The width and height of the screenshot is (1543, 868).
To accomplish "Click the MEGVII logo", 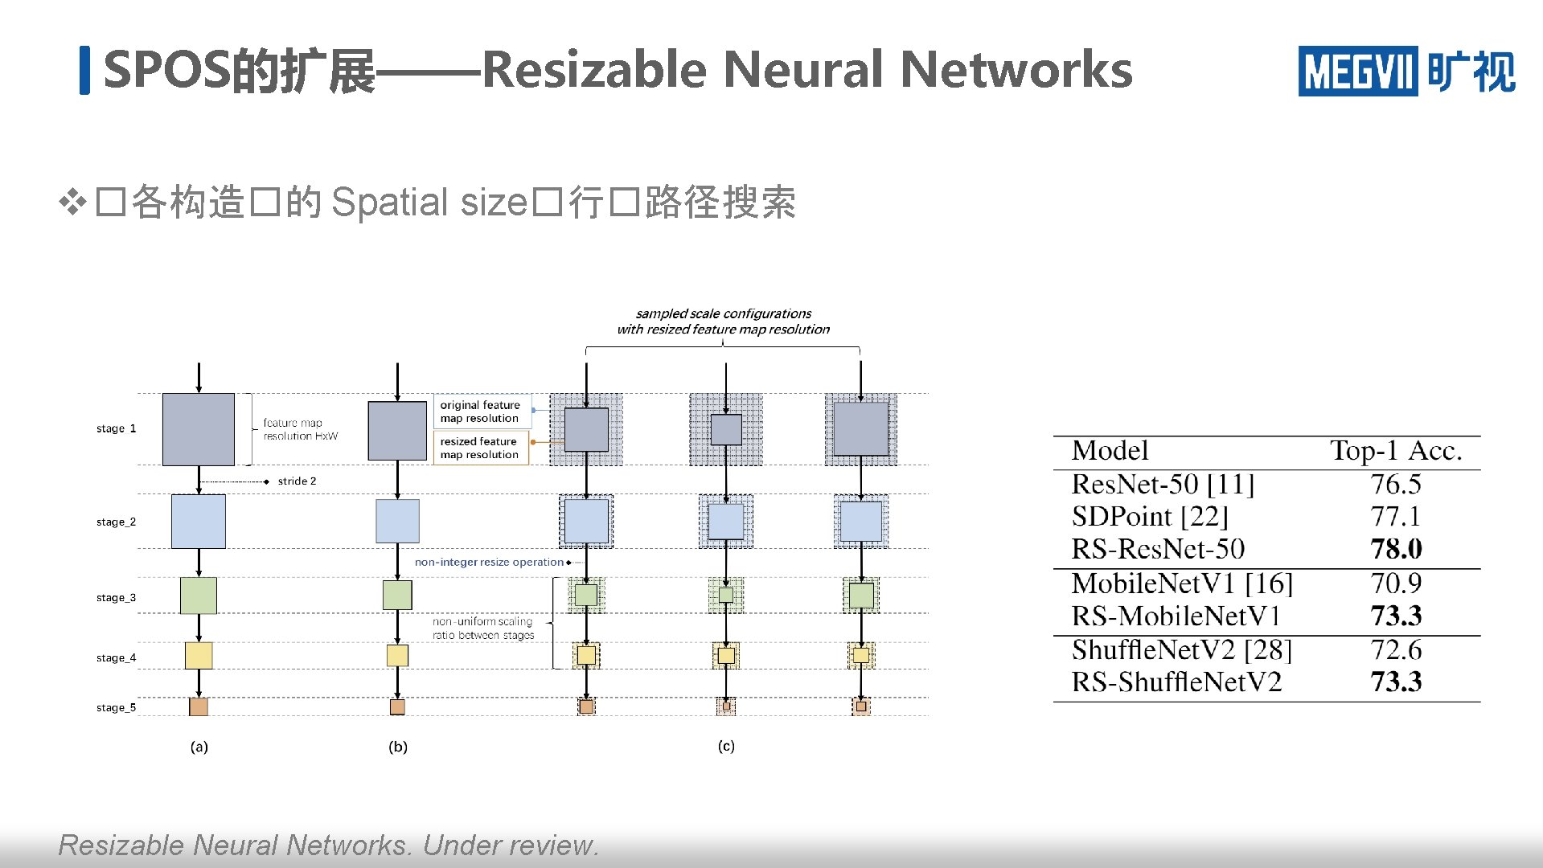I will pos(1406,71).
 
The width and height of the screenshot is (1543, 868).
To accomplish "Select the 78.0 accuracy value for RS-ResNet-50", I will pos(1396,549).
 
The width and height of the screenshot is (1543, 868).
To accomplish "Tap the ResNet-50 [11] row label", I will pos(1163,484).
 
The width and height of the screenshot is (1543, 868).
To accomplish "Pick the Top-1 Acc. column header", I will pos(1395,451).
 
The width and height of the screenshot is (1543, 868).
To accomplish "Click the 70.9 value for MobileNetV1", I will pos(1396,583).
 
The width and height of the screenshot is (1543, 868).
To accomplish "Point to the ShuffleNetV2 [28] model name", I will pos(1181,649).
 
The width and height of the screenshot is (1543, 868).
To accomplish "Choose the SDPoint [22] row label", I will pos(1150,516).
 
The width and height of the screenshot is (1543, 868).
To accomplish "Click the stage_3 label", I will pos(116,597).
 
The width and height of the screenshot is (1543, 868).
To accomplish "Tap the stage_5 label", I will pos(116,707).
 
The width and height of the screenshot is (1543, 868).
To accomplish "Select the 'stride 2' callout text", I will pos(297,481).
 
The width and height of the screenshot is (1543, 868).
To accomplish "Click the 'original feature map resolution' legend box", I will pos(481,411).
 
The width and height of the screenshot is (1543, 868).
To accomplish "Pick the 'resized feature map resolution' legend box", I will pos(480,448).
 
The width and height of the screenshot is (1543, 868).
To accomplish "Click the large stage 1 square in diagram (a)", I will pos(199,429).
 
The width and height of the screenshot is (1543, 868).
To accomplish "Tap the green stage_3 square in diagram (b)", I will pos(397,595).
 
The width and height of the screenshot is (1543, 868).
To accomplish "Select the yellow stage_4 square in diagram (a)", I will pos(199,655).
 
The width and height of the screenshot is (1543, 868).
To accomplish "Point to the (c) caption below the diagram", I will pos(726,746).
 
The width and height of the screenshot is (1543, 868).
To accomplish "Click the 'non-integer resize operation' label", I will pos(489,562).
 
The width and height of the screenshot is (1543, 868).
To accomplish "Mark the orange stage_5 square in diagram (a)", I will pos(199,706).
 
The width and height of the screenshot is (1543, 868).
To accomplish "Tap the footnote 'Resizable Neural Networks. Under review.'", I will pos(328,845).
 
